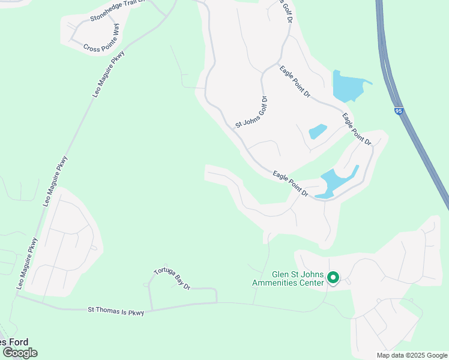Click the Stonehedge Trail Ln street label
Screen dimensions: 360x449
118,11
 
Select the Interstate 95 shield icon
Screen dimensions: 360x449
399,111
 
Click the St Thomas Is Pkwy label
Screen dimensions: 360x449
116,310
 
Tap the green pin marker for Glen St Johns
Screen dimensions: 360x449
333,278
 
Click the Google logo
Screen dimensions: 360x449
20,352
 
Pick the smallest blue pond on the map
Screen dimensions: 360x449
317,131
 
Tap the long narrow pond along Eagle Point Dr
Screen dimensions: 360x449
337,182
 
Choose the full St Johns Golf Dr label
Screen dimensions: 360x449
250,112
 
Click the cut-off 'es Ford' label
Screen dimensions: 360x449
13,342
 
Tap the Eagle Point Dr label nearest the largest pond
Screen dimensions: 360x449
295,82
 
